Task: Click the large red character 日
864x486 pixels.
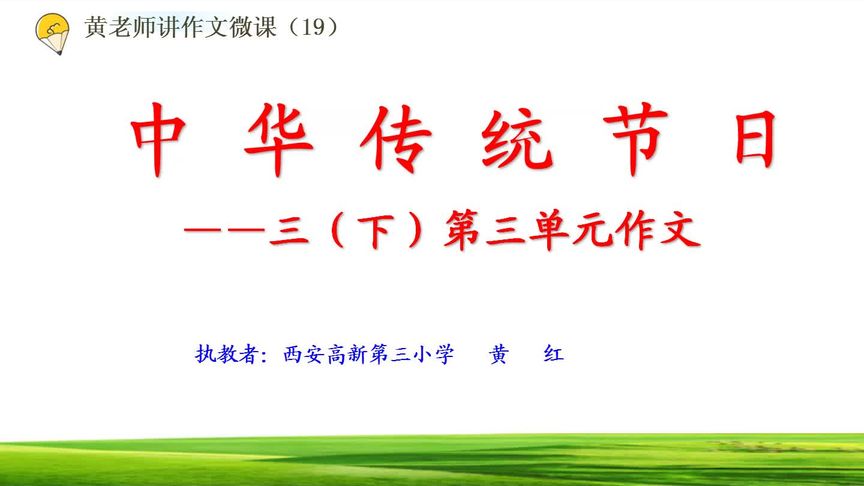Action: [x=750, y=140]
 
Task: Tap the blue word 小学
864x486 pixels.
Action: [x=430, y=354]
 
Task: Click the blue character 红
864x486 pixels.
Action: [x=551, y=354]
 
